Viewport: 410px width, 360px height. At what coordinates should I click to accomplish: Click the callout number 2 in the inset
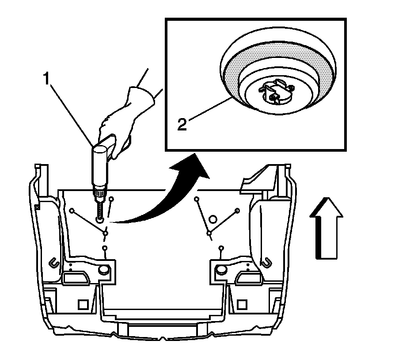click(182, 124)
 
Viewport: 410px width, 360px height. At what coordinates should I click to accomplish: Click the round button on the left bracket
click(104, 269)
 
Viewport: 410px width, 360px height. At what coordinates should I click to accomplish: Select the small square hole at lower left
click(83, 305)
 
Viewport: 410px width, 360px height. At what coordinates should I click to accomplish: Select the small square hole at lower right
click(242, 304)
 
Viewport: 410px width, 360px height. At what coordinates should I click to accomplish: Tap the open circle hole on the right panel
click(213, 218)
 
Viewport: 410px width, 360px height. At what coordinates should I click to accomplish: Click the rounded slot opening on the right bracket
click(247, 277)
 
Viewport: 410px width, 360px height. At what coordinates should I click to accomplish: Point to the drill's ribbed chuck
click(99, 193)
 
